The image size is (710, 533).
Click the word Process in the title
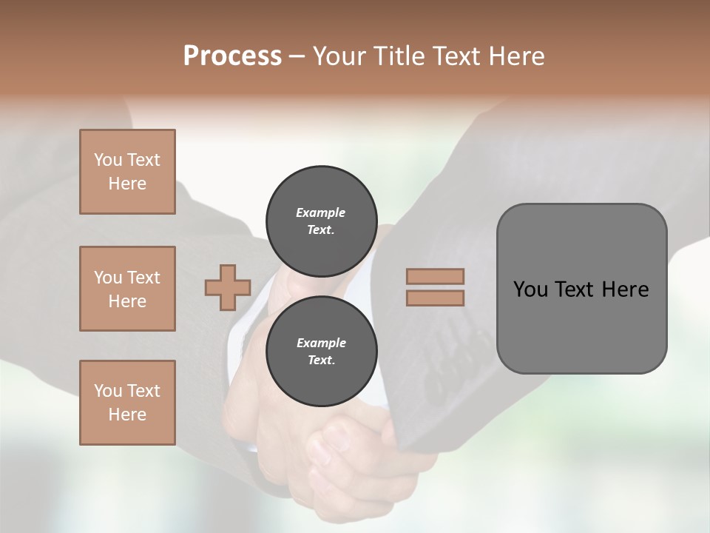pyautogui.click(x=232, y=56)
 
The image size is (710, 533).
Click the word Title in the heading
pyautogui.click(x=400, y=56)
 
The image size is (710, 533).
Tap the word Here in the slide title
pyautogui.click(x=516, y=56)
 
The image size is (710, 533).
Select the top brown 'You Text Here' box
pyautogui.click(x=127, y=172)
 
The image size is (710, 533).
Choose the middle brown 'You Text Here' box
pyautogui.click(x=127, y=289)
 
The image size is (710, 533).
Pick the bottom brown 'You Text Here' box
pyautogui.click(x=127, y=403)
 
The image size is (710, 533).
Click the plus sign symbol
pyautogui.click(x=228, y=287)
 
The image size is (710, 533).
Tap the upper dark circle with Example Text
pyautogui.click(x=321, y=221)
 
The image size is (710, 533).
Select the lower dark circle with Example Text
pyautogui.click(x=321, y=352)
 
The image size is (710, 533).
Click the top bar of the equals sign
pyautogui.click(x=436, y=276)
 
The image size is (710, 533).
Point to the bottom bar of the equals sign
pyautogui.click(x=436, y=298)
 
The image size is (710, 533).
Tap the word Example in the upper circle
pyautogui.click(x=321, y=212)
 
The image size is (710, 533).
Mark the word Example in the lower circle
pyautogui.click(x=321, y=343)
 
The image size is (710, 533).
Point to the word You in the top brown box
pyautogui.click(x=108, y=160)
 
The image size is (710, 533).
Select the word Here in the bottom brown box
pyautogui.click(x=127, y=415)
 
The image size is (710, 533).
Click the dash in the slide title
pyautogui.click(x=297, y=56)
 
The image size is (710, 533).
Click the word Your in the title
pyautogui.click(x=341, y=56)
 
